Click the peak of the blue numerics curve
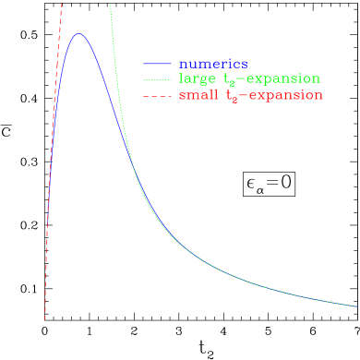[79, 33]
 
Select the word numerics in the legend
[213, 64]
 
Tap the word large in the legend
[197, 79]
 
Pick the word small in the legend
[197, 95]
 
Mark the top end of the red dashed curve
[62, 3]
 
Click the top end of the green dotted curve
[110, 4]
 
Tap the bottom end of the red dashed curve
[44, 319]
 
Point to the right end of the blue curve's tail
[357, 306]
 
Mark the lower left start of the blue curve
[47, 224]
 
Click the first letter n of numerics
[183, 65]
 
